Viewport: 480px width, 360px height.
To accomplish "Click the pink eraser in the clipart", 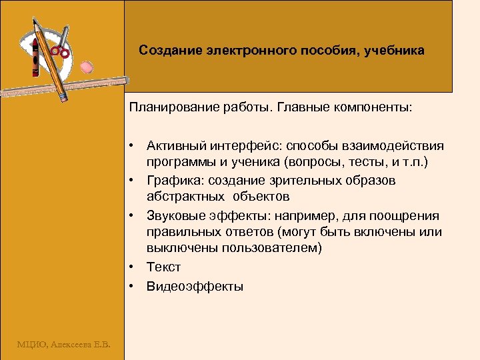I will coord(87,67).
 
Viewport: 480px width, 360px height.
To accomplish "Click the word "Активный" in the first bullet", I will coord(175,146).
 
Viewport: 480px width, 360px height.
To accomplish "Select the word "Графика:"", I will coord(173,181).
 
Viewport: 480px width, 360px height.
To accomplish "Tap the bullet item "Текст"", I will coord(163,267).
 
